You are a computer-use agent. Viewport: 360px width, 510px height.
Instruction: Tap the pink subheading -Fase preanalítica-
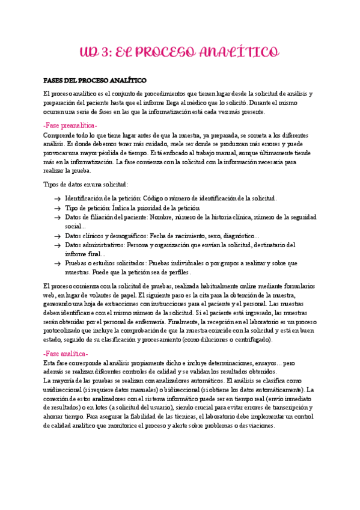coord(70,124)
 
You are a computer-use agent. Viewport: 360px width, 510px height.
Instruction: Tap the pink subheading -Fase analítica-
coord(66,354)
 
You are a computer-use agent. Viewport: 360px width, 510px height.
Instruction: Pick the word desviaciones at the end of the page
coord(257,425)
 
